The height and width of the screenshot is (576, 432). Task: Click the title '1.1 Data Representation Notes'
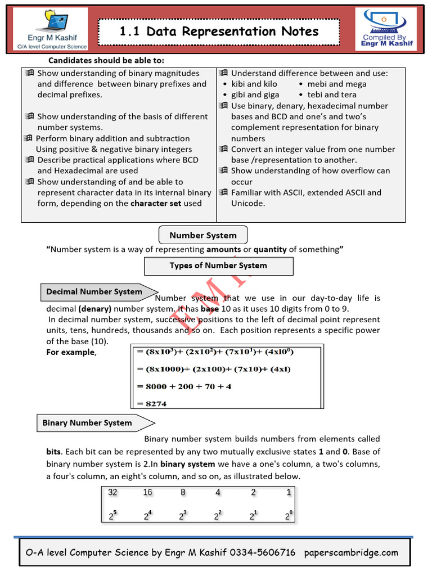(219, 32)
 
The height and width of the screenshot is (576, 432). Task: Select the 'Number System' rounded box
(203, 235)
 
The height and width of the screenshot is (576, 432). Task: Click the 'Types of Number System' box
(218, 265)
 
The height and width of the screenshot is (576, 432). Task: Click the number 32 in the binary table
(112, 492)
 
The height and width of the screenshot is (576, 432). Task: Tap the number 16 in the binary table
(148, 492)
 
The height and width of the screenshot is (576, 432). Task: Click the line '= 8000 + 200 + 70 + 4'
(184, 386)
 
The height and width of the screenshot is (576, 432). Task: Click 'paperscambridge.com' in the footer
(351, 552)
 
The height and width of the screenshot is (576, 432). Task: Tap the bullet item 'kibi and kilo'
(254, 84)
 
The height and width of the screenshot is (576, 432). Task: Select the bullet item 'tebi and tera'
(332, 94)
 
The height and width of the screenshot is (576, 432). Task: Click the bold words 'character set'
(156, 203)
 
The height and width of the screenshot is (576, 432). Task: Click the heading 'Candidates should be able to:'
(106, 61)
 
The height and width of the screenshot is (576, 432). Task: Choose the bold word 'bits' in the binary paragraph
(54, 452)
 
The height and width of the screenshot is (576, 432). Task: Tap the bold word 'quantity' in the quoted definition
(270, 249)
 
